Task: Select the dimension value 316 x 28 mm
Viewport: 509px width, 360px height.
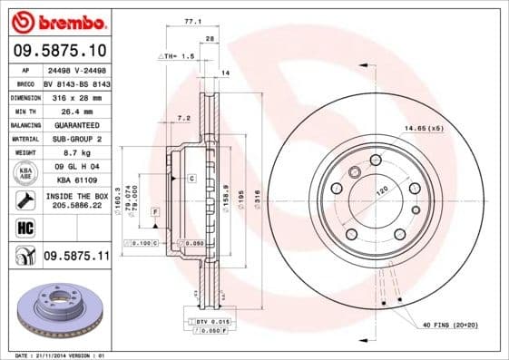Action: click(77, 95)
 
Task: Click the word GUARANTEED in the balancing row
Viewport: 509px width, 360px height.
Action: click(77, 124)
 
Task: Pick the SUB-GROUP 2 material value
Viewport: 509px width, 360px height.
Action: click(77, 139)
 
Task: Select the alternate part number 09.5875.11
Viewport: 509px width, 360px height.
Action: click(76, 257)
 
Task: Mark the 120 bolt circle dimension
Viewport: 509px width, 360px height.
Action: click(381, 191)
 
